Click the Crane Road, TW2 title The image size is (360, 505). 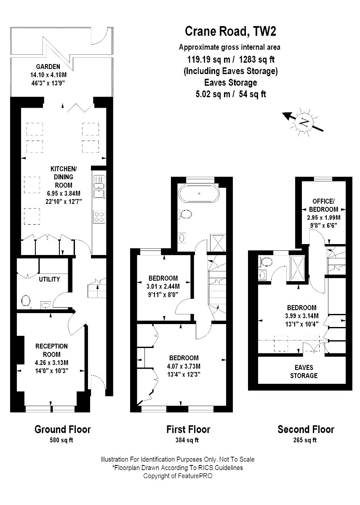coord(230,31)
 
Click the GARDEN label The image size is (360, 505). coord(48,66)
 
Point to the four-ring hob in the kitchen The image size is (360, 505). coord(99,217)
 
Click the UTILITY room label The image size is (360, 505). coord(49,279)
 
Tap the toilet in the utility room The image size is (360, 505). coord(26,301)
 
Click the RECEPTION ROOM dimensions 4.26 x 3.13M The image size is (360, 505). coord(51,363)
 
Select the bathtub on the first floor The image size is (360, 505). coord(198,194)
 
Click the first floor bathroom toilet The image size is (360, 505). coord(185,213)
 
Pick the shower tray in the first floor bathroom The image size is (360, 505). coord(218,243)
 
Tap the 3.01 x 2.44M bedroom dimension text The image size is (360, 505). coord(163,287)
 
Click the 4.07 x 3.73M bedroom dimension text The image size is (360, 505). coord(184,366)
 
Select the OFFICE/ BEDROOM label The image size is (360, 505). coord(323,205)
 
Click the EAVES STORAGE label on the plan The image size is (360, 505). coord(304,372)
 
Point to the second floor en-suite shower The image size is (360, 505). coord(298,268)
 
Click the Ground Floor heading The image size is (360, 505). coord(62,430)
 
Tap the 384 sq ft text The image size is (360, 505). coord(187,440)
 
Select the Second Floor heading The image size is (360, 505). coord(306,429)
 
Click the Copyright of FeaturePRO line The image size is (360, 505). coord(178,476)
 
